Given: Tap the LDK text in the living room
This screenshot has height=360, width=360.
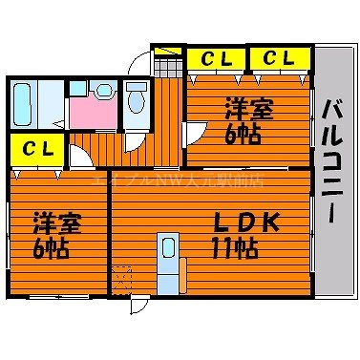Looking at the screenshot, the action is coord(246,223).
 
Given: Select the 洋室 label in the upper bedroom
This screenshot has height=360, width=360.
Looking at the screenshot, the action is coord(249,107).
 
